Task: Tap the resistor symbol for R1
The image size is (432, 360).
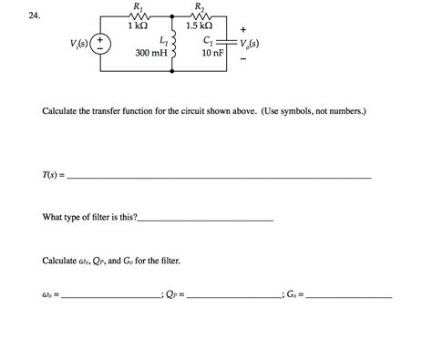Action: point(139,16)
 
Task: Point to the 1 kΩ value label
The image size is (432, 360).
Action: point(139,27)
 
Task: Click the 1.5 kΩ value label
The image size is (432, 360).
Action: point(200,27)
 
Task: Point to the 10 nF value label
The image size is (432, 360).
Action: point(211,54)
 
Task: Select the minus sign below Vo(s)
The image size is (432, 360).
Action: point(242,60)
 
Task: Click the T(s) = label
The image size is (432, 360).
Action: point(54,176)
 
